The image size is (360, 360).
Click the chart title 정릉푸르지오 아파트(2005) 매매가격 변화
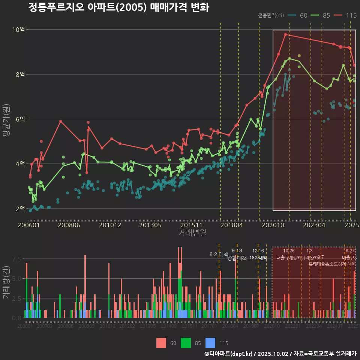tap(118, 7)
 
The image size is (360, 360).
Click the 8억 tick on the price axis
tap(19, 74)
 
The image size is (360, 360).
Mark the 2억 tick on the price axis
tap(19, 208)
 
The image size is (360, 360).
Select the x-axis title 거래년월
tap(192, 233)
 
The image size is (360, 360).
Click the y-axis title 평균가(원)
tap(6, 120)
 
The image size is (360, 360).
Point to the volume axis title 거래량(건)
tap(6, 282)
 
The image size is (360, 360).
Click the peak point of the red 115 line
tap(285, 34)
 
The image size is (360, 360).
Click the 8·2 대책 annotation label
tap(219, 255)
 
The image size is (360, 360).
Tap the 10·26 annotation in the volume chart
tap(289, 251)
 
